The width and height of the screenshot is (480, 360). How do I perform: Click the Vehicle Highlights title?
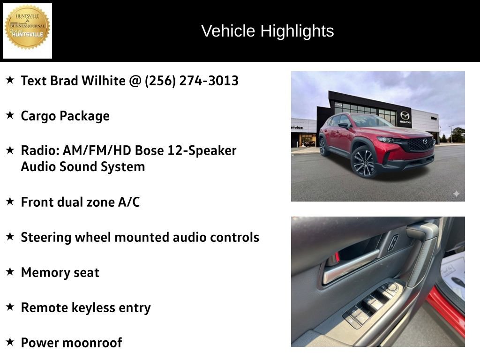click(x=267, y=31)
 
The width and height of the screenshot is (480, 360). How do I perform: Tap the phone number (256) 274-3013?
click(x=192, y=81)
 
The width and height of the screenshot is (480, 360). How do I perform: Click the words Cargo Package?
click(x=65, y=116)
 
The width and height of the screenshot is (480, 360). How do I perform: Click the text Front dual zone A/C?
click(x=80, y=202)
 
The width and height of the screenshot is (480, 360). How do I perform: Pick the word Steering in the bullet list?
click(x=45, y=237)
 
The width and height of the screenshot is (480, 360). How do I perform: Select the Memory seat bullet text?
click(x=60, y=272)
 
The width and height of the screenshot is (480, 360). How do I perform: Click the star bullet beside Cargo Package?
click(x=10, y=115)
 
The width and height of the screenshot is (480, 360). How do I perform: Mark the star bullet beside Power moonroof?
click(x=10, y=342)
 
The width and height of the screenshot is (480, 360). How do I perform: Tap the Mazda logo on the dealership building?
click(x=405, y=116)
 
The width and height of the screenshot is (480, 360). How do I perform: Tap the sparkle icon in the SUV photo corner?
click(x=456, y=194)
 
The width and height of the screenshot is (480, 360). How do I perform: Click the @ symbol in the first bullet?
click(x=135, y=81)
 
